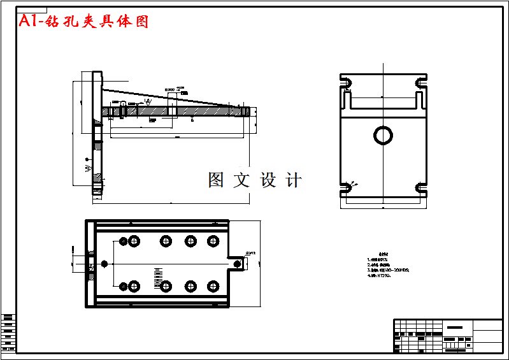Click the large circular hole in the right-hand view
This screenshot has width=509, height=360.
point(384,135)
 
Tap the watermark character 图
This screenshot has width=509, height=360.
point(216,180)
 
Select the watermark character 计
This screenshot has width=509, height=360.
point(294,180)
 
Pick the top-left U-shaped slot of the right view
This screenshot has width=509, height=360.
point(347,82)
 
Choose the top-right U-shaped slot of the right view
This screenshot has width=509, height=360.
point(420,82)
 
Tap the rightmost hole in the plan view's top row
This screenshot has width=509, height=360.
point(211,241)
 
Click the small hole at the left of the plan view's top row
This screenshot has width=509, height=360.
point(121,241)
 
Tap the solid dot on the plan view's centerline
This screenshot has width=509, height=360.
point(104,264)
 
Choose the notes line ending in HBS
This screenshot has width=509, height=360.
point(388,270)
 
